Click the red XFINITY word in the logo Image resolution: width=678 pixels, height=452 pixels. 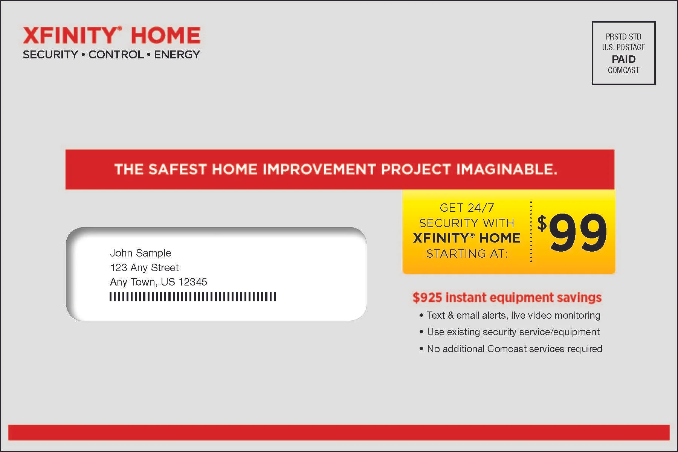(70, 35)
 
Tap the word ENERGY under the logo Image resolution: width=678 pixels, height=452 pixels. (177, 55)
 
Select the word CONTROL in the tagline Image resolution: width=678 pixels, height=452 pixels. (116, 55)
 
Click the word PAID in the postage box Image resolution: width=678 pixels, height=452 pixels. (623, 59)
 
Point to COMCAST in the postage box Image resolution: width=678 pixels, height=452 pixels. (623, 70)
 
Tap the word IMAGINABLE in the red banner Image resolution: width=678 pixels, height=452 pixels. (506, 169)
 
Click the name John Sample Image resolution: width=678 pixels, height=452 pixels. (140, 253)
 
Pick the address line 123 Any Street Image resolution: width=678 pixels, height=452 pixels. (144, 267)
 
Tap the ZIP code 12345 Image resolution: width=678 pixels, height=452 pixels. (192, 282)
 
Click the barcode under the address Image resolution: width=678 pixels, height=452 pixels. (192, 297)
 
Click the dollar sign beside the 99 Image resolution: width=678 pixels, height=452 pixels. (542, 223)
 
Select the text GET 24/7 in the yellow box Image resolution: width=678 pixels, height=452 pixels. (467, 208)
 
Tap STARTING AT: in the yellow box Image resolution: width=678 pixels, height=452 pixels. (467, 253)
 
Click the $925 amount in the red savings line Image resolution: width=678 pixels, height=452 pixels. (427, 298)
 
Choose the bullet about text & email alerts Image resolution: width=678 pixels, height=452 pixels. (513, 315)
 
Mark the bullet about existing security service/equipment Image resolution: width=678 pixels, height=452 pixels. (513, 332)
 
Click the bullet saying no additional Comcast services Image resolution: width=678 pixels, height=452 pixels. (514, 349)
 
